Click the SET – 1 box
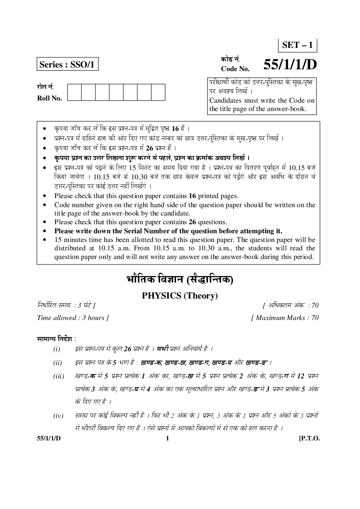point(297,45)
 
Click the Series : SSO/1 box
point(67,65)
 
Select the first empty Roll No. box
point(74,92)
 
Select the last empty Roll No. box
point(158,92)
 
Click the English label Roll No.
point(49,98)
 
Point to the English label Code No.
point(235,69)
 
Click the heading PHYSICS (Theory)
point(180,296)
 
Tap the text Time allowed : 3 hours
point(73,318)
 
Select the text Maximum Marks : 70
point(285,318)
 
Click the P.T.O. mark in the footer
point(309,438)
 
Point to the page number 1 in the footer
point(167,438)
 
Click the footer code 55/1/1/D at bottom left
point(49,438)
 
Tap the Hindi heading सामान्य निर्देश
point(56,339)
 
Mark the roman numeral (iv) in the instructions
point(58,416)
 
